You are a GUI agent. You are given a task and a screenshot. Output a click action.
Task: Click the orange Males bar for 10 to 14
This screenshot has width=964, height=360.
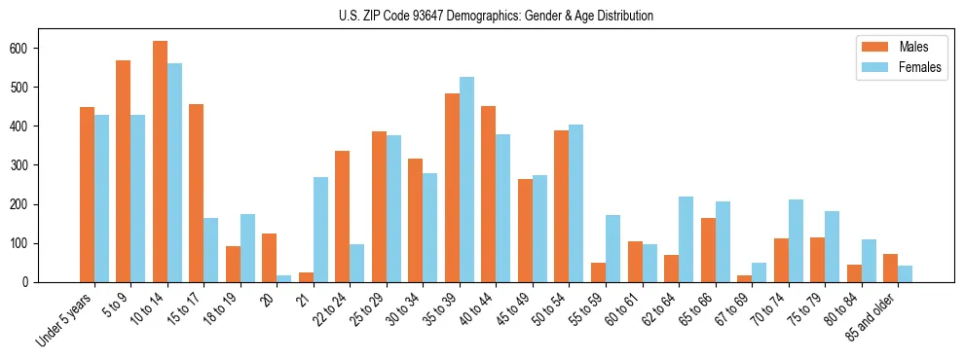(x=160, y=162)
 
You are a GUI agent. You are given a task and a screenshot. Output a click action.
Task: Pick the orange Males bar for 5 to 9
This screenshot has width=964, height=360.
(x=124, y=171)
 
